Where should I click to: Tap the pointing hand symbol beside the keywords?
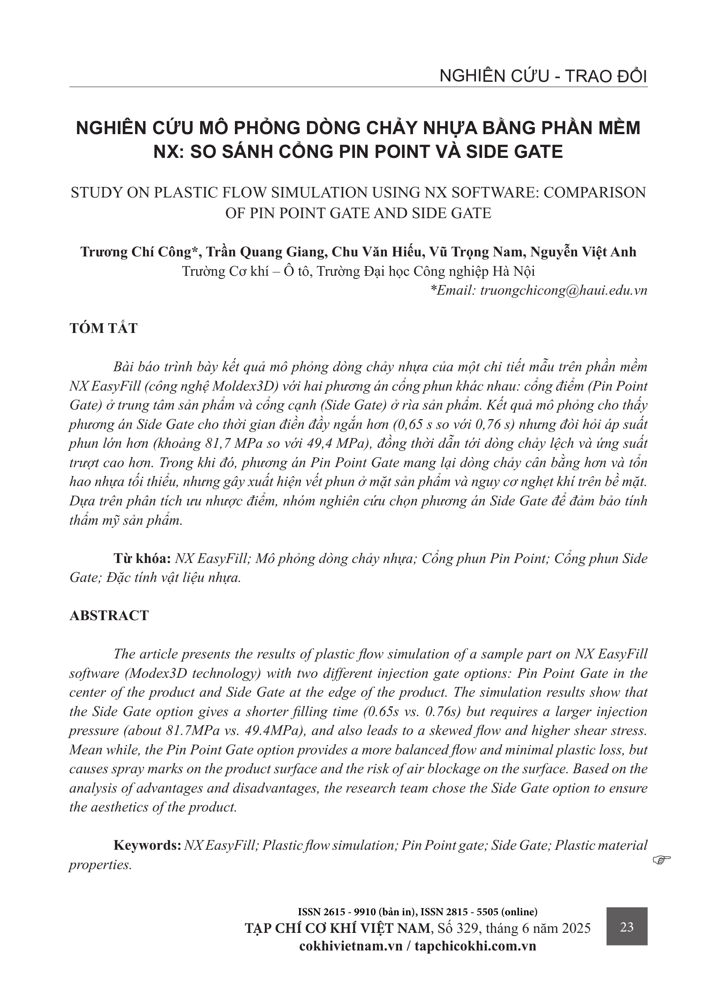tap(662, 858)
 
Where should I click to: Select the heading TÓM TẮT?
tap(103, 328)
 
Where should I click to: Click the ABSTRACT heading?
tap(109, 615)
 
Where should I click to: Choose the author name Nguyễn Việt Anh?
tap(583, 252)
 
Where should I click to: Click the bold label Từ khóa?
tap(142, 559)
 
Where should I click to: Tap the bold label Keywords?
tap(147, 845)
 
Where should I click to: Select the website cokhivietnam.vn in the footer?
tap(351, 946)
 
